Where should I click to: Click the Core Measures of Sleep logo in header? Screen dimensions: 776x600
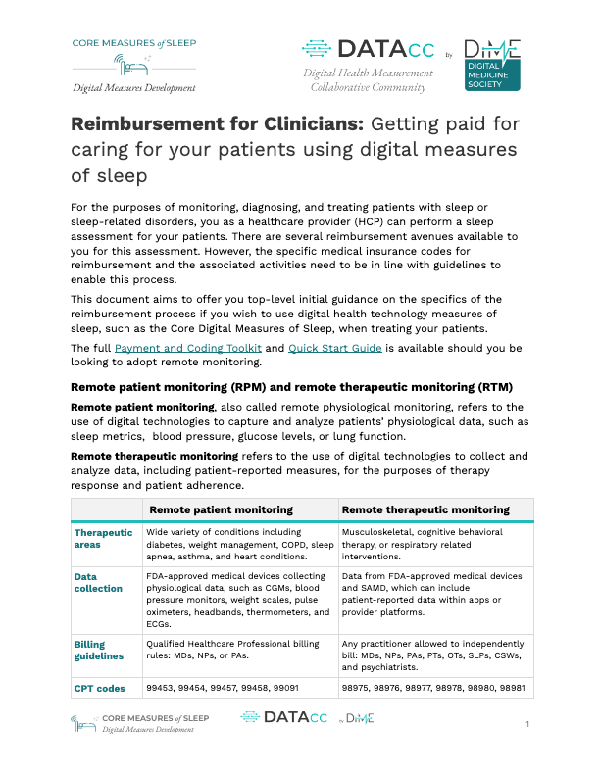[133, 64]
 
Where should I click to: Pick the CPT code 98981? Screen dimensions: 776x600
[512, 689]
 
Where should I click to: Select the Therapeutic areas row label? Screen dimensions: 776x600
[104, 540]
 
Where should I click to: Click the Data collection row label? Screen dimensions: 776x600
[98, 583]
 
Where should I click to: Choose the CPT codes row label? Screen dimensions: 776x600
[100, 689]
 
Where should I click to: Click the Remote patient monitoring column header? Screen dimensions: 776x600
[221, 509]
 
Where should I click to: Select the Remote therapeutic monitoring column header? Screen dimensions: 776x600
[425, 509]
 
